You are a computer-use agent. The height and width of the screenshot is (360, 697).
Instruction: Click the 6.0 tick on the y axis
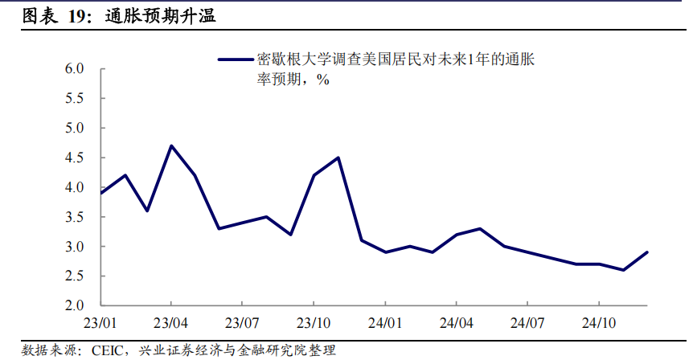[x=76, y=69]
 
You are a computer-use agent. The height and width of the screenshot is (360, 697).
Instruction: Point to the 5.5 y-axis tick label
[x=76, y=99]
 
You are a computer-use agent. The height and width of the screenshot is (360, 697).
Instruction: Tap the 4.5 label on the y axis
[x=76, y=158]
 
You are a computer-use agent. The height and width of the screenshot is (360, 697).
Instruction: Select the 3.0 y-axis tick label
[x=76, y=247]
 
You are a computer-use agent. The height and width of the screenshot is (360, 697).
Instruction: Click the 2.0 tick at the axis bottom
[x=76, y=306]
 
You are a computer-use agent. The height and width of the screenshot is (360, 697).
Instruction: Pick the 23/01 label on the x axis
[x=100, y=323]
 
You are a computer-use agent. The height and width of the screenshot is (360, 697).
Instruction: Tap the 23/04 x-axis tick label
[x=172, y=323]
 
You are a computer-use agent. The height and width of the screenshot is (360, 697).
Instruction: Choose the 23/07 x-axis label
[x=243, y=323]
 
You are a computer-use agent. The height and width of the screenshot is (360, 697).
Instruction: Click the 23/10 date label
[x=314, y=323]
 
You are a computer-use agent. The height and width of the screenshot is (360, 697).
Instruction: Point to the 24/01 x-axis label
[x=385, y=323]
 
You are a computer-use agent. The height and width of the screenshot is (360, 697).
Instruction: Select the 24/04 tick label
[x=457, y=323]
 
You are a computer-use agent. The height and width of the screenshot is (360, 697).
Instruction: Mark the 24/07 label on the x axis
[x=527, y=323]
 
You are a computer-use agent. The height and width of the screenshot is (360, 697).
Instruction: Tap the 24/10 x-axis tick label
[x=599, y=323]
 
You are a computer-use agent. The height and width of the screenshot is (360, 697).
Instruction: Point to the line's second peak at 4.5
[x=338, y=157]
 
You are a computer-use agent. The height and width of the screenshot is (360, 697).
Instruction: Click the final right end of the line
[x=647, y=252]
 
